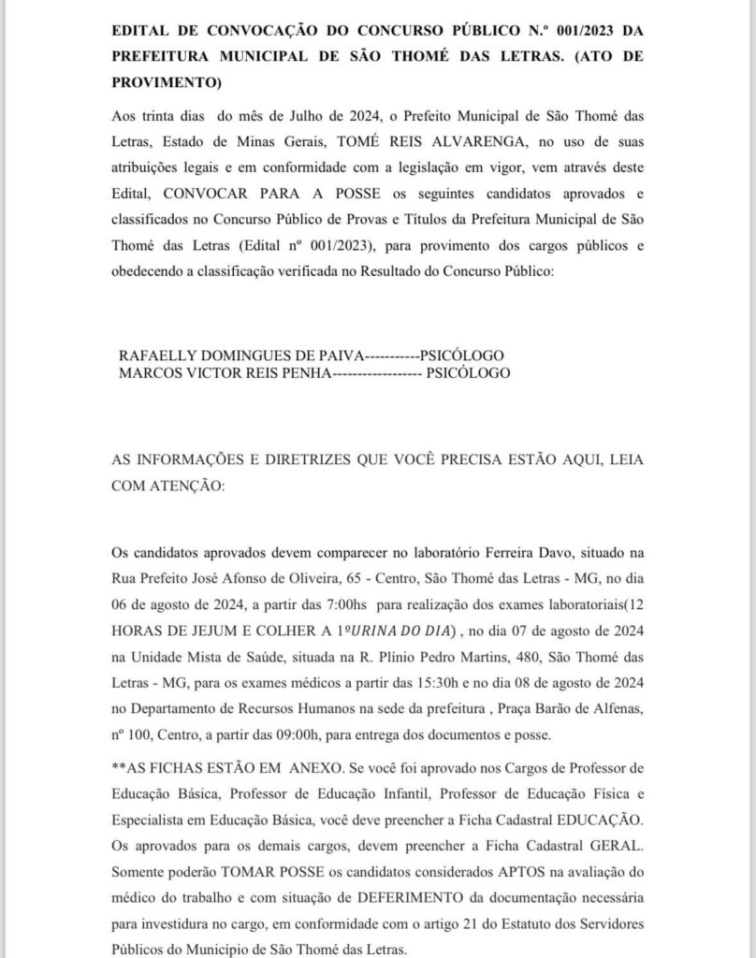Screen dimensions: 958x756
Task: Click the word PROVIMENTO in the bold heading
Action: click(164, 82)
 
